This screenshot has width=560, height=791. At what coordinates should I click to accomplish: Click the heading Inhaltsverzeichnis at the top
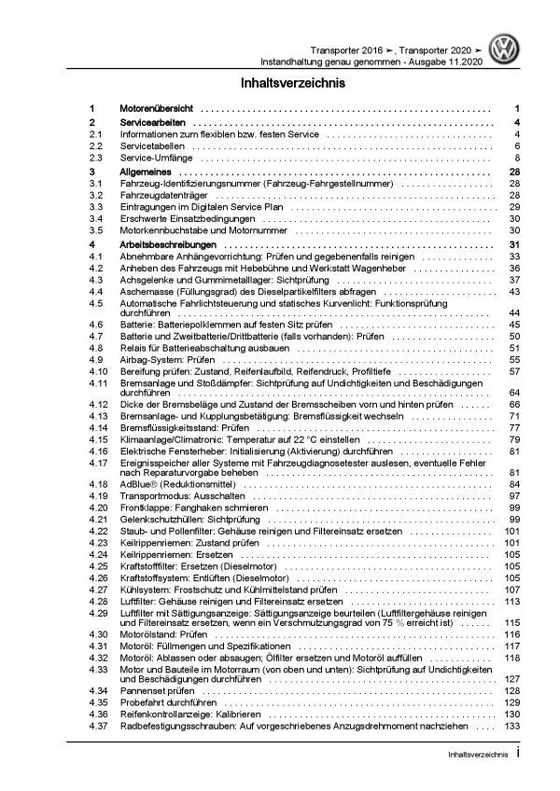coord(292,83)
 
